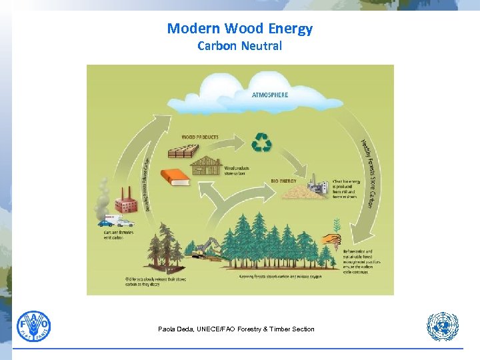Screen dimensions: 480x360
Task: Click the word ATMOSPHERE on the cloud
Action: click(x=270, y=95)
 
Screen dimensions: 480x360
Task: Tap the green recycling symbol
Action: click(x=261, y=142)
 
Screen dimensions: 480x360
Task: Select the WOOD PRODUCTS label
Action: click(x=200, y=137)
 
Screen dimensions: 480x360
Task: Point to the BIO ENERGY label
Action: click(x=285, y=180)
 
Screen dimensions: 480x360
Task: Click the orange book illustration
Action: click(x=175, y=177)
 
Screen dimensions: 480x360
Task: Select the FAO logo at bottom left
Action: click(x=33, y=327)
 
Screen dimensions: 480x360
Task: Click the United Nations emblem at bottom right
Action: click(x=443, y=327)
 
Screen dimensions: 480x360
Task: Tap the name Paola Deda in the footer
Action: click(x=175, y=329)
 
